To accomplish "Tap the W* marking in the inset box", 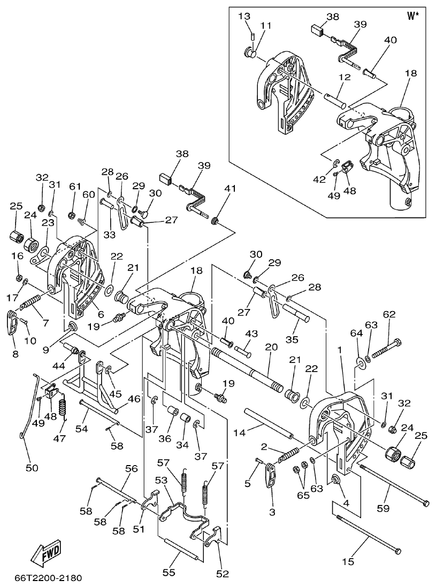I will pos(413,16).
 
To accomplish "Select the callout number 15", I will pos(348,561).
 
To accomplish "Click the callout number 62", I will pos(388,315).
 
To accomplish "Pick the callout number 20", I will pos(271,347).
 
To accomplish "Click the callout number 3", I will pos(272,512).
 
